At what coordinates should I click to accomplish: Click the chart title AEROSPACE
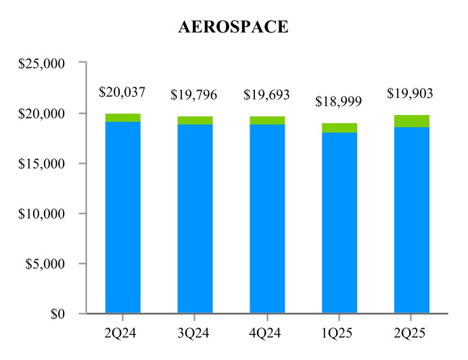tap(233, 27)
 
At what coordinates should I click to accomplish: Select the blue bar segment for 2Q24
tap(123, 217)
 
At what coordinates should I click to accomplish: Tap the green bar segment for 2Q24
tap(123, 118)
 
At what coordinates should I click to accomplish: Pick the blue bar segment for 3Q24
tap(195, 218)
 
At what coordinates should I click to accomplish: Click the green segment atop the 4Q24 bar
tap(267, 120)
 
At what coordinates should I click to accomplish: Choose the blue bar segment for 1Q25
tap(340, 222)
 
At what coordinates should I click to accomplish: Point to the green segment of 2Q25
tap(412, 121)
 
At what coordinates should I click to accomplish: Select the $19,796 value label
tap(195, 95)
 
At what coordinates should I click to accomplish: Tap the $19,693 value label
tap(267, 95)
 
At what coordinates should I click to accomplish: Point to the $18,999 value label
tap(339, 102)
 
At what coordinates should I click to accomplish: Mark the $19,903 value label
tap(411, 93)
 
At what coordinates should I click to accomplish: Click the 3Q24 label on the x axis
tap(195, 332)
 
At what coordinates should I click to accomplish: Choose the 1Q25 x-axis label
tap(340, 332)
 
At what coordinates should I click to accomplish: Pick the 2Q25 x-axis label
tap(411, 332)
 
